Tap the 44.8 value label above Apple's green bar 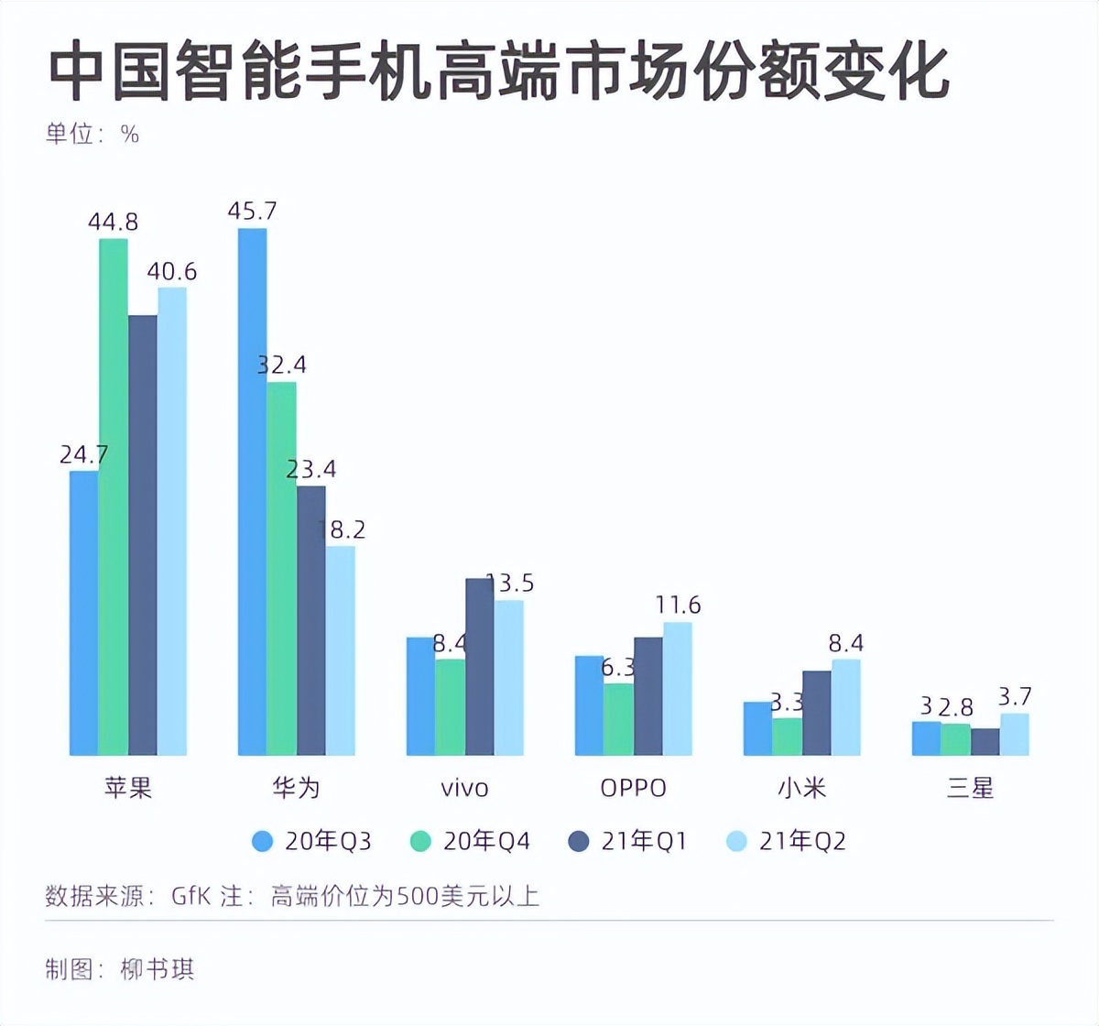click(x=113, y=222)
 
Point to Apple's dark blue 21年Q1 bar click(x=143, y=535)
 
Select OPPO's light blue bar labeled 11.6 click(x=678, y=688)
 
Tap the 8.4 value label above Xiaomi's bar click(x=846, y=643)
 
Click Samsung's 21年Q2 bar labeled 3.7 click(x=1014, y=734)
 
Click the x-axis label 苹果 click(x=127, y=787)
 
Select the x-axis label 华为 click(x=296, y=787)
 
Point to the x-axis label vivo click(x=464, y=788)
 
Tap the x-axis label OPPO click(x=633, y=788)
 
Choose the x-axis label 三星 click(x=970, y=787)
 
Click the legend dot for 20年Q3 click(x=263, y=841)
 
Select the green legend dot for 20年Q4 click(x=420, y=841)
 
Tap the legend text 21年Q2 click(x=802, y=841)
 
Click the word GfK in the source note click(x=190, y=895)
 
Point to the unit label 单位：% click(x=92, y=135)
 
